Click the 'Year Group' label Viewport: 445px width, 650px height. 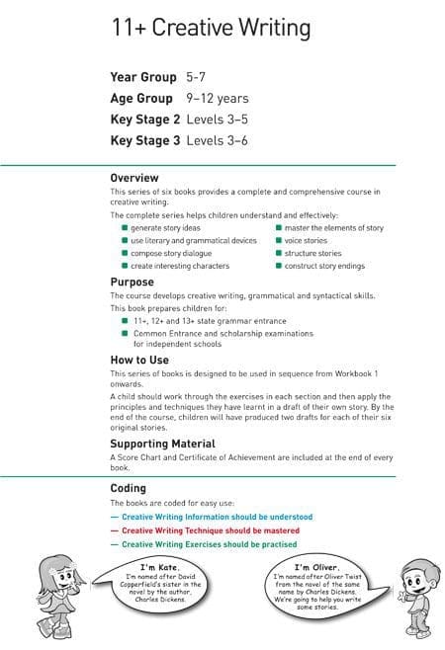pos(143,77)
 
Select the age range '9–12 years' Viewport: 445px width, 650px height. pos(218,99)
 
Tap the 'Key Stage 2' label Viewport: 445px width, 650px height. pos(144,120)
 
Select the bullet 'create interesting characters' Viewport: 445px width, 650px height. pos(180,266)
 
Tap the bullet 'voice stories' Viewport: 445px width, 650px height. pos(306,240)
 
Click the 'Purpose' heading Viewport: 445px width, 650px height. pos(132,283)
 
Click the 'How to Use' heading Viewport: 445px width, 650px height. pos(137,360)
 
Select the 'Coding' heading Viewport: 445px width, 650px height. pos(128,487)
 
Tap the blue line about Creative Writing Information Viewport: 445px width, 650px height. pos(217,517)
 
